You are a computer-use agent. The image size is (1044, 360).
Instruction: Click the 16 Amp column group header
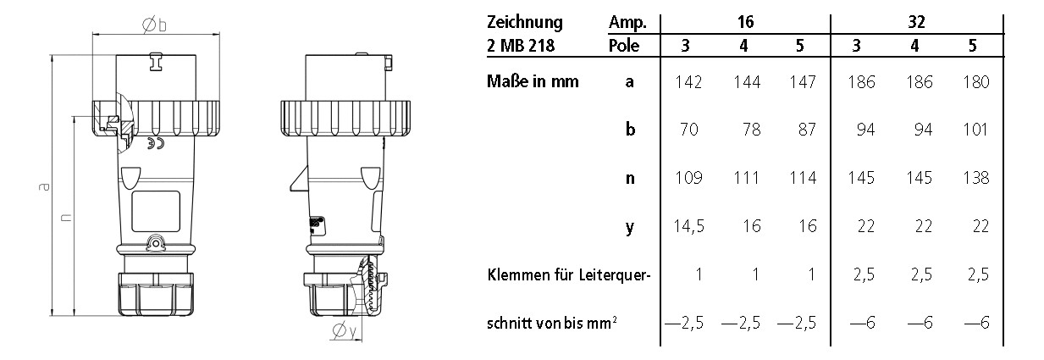(743, 22)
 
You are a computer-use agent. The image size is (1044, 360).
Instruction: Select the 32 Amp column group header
(915, 22)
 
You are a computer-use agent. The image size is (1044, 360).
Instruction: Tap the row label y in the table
(629, 227)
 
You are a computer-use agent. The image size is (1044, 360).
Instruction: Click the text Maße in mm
(533, 82)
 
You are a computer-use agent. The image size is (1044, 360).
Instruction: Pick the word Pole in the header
(624, 46)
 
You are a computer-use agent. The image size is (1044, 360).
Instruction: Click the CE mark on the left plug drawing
(152, 144)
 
